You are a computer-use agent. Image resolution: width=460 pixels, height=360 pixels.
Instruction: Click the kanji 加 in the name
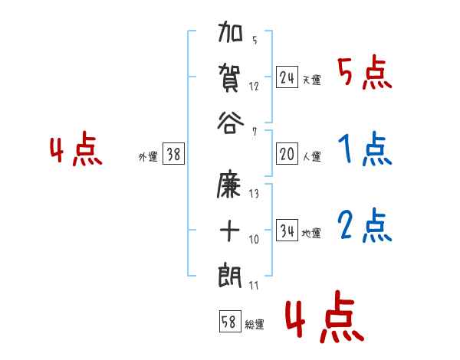231,35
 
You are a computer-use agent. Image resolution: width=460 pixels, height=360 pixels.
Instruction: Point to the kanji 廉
231,188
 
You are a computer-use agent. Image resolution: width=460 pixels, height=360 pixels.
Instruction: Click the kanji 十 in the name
231,231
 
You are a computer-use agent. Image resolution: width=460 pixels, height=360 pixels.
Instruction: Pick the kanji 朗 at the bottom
231,273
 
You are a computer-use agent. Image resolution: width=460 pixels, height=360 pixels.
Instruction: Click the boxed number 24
287,77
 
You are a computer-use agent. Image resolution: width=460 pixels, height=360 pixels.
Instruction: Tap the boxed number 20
287,154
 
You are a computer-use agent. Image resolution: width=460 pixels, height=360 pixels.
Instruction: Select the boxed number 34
287,231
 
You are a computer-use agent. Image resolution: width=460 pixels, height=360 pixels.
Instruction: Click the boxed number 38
173,154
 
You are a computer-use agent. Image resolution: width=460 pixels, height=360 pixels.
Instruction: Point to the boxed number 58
228,322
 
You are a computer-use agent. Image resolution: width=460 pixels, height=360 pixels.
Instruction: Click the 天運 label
312,80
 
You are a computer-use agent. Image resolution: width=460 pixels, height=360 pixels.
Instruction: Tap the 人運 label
312,156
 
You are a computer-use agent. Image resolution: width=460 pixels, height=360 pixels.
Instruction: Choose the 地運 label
312,233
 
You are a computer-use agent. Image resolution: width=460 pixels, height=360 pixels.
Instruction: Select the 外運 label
147,156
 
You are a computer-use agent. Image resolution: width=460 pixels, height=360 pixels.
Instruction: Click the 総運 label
254,324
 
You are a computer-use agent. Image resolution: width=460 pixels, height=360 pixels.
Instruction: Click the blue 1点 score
365,150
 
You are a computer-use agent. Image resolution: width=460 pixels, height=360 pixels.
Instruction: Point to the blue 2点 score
365,227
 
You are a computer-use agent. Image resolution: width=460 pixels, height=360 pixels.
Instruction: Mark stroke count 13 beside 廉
254,194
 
